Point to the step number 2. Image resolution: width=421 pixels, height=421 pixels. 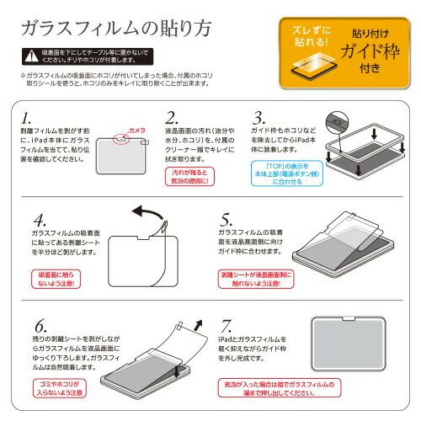pos(171,117)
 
